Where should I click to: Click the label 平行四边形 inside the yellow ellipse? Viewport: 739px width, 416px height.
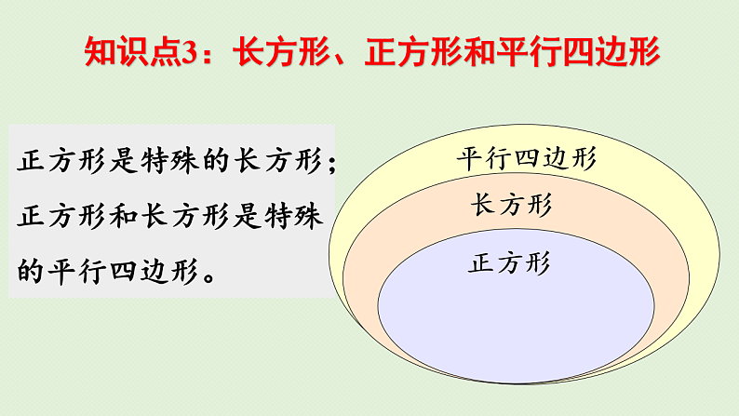coord(526,157)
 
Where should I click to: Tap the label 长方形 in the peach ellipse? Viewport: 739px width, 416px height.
coord(510,205)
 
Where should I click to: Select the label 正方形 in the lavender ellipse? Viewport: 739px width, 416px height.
coord(509,263)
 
